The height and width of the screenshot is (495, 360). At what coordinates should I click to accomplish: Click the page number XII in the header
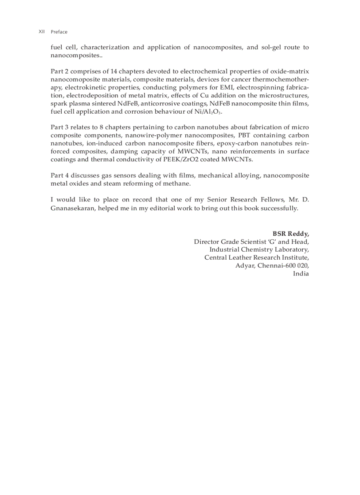point(41,32)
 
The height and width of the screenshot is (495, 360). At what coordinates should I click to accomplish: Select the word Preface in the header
point(59,32)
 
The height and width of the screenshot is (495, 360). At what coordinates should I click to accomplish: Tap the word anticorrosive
point(160,103)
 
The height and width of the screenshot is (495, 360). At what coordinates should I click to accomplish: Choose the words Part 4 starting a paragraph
point(60,175)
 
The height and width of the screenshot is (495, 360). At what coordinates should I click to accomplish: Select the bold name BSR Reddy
point(290,234)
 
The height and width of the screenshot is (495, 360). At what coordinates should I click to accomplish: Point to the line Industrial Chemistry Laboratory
point(259,249)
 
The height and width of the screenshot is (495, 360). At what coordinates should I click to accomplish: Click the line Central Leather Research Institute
point(256,257)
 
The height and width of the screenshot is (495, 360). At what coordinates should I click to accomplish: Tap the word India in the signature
point(301,273)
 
